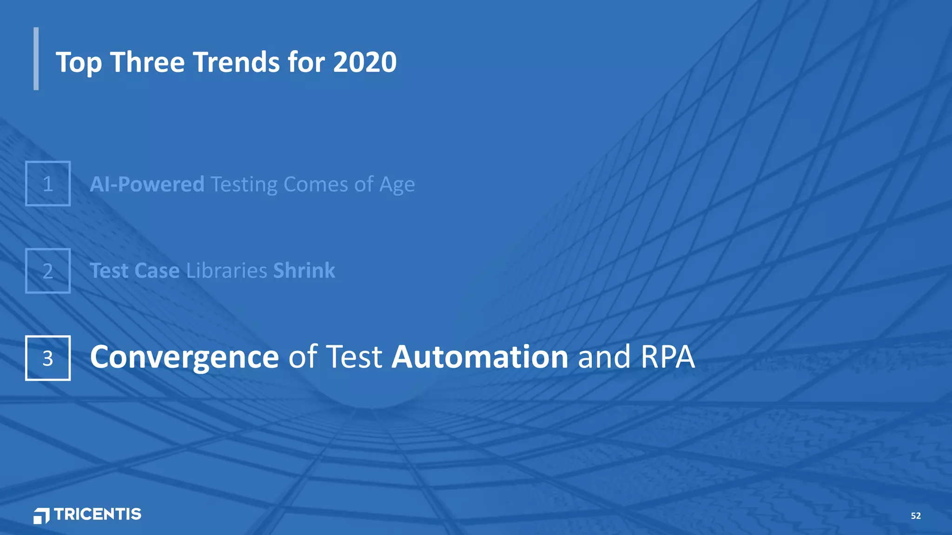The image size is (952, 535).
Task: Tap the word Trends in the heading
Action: (x=236, y=62)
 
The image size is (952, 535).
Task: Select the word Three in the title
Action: (x=147, y=62)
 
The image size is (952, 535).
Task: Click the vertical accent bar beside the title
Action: (x=36, y=59)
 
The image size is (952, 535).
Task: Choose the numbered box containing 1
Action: (x=48, y=183)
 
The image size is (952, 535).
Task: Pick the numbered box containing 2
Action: (x=48, y=271)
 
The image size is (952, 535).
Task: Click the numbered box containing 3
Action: (x=48, y=358)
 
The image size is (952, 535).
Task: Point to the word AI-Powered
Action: (x=147, y=184)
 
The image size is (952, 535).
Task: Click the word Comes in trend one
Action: (x=316, y=184)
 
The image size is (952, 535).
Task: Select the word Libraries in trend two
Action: (x=226, y=271)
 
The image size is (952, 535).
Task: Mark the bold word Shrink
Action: (x=304, y=271)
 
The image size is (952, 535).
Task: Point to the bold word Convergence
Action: (x=184, y=357)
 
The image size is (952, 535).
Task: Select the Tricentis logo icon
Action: (x=41, y=515)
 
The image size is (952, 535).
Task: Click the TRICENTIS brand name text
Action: (x=98, y=514)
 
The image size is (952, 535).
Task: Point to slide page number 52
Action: (x=915, y=516)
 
